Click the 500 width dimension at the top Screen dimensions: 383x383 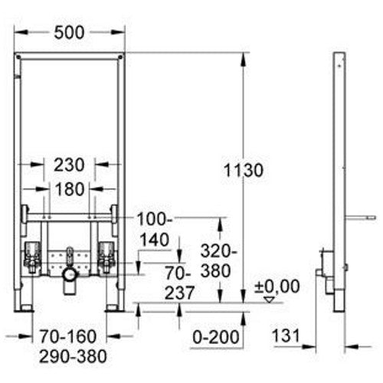point(70,31)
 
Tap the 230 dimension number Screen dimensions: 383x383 point(70,164)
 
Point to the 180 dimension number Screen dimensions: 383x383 point(70,188)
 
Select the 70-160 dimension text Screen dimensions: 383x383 point(70,335)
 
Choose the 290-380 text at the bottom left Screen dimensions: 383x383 point(70,355)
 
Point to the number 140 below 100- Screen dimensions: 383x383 point(156,238)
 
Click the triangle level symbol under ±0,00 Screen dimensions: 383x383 point(267,300)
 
